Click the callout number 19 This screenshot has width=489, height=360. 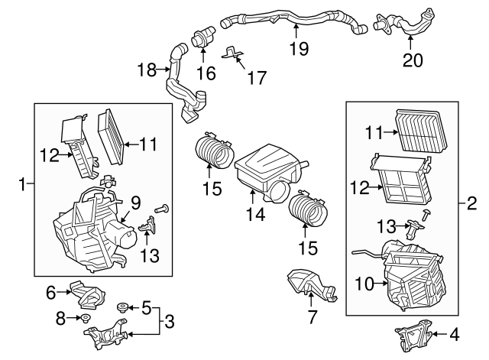click(x=298, y=48)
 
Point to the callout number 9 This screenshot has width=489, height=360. click(x=135, y=203)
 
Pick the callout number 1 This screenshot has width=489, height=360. click(x=23, y=183)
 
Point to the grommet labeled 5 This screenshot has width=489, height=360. click(x=121, y=308)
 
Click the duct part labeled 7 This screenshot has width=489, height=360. click(x=309, y=284)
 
